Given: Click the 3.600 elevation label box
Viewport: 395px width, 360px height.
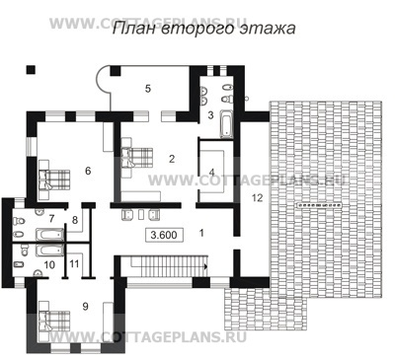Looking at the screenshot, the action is pos(164,235).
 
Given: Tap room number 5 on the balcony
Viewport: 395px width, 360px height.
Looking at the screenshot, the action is pos(148,89).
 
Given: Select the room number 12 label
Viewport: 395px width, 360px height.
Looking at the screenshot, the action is pos(258,198).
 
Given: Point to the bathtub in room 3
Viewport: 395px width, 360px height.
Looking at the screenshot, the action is pos(226,124).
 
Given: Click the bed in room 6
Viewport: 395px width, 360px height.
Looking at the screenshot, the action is pos(54,180).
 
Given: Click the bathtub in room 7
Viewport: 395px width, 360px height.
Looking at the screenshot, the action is pos(49,234).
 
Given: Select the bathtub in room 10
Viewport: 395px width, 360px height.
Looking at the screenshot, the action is pos(49,251).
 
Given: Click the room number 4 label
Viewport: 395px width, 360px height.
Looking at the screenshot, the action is pos(211,172).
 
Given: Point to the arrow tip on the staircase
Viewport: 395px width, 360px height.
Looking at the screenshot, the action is pos(206,267).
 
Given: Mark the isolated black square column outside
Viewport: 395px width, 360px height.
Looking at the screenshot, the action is pos(31,70).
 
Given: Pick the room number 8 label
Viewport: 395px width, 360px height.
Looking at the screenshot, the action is pos(75,220).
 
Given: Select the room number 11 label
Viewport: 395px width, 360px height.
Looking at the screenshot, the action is pos(75,263).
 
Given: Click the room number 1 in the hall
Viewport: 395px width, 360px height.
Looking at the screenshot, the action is pos(201,233).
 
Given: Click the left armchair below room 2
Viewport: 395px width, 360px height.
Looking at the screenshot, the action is pos(127,215).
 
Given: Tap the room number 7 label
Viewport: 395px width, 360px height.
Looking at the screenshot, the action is pos(51,218).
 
